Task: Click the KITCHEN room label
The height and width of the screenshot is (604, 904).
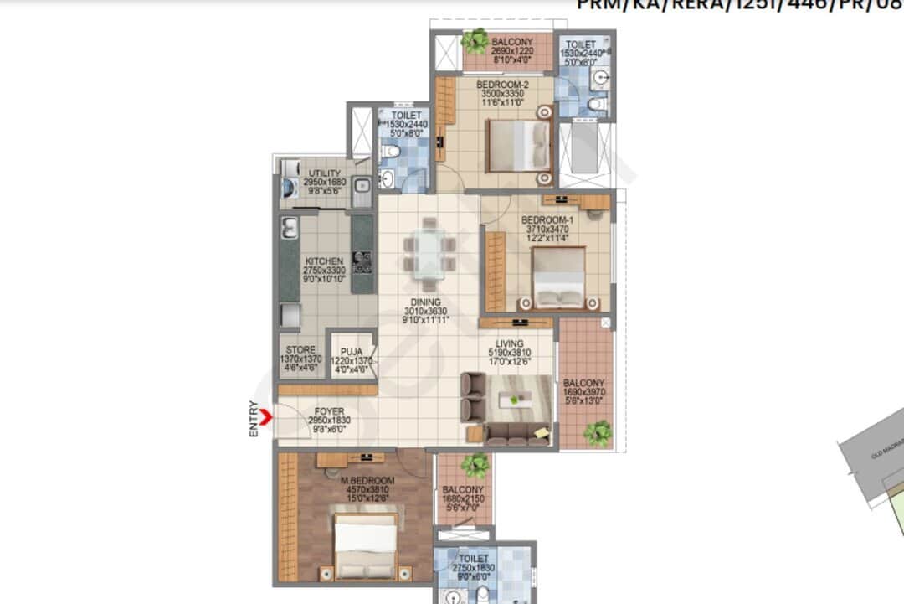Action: pyautogui.click(x=323, y=261)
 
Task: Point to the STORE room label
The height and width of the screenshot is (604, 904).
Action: pyautogui.click(x=300, y=350)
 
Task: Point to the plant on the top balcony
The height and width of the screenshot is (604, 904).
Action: pyautogui.click(x=476, y=39)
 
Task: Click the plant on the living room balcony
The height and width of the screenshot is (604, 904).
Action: pyautogui.click(x=598, y=433)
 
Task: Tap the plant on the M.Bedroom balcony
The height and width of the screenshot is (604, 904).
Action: pyautogui.click(x=475, y=464)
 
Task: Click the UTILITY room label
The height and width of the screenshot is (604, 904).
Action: pyautogui.click(x=324, y=173)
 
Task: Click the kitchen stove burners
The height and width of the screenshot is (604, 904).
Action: pyautogui.click(x=362, y=263)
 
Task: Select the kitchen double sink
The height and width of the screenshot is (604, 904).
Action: pyautogui.click(x=290, y=228)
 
